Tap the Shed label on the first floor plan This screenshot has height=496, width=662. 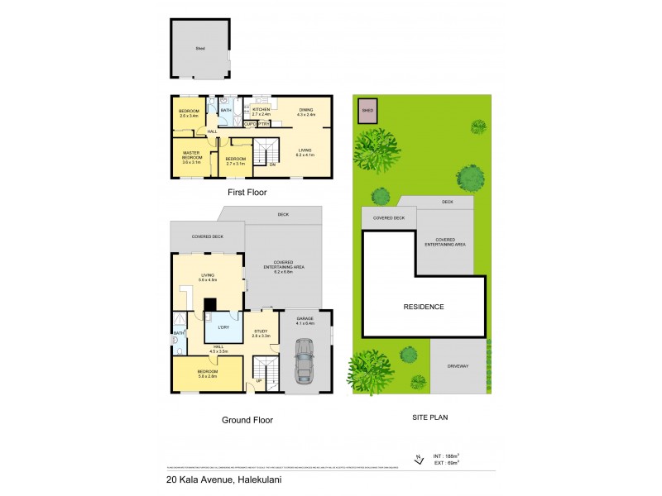point(200,50)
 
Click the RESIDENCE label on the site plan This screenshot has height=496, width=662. point(425,307)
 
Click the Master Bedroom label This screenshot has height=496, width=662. point(192,157)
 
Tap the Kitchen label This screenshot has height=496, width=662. point(261,111)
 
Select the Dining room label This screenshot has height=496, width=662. point(305,111)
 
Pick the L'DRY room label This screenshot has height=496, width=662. point(222,327)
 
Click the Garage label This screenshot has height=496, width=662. point(307,320)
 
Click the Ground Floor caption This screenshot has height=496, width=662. point(247,420)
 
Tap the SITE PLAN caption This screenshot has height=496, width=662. point(430,418)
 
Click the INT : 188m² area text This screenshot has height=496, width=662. point(447,455)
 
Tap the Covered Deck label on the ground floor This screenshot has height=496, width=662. point(207,236)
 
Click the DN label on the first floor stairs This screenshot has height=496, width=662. point(272,165)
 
